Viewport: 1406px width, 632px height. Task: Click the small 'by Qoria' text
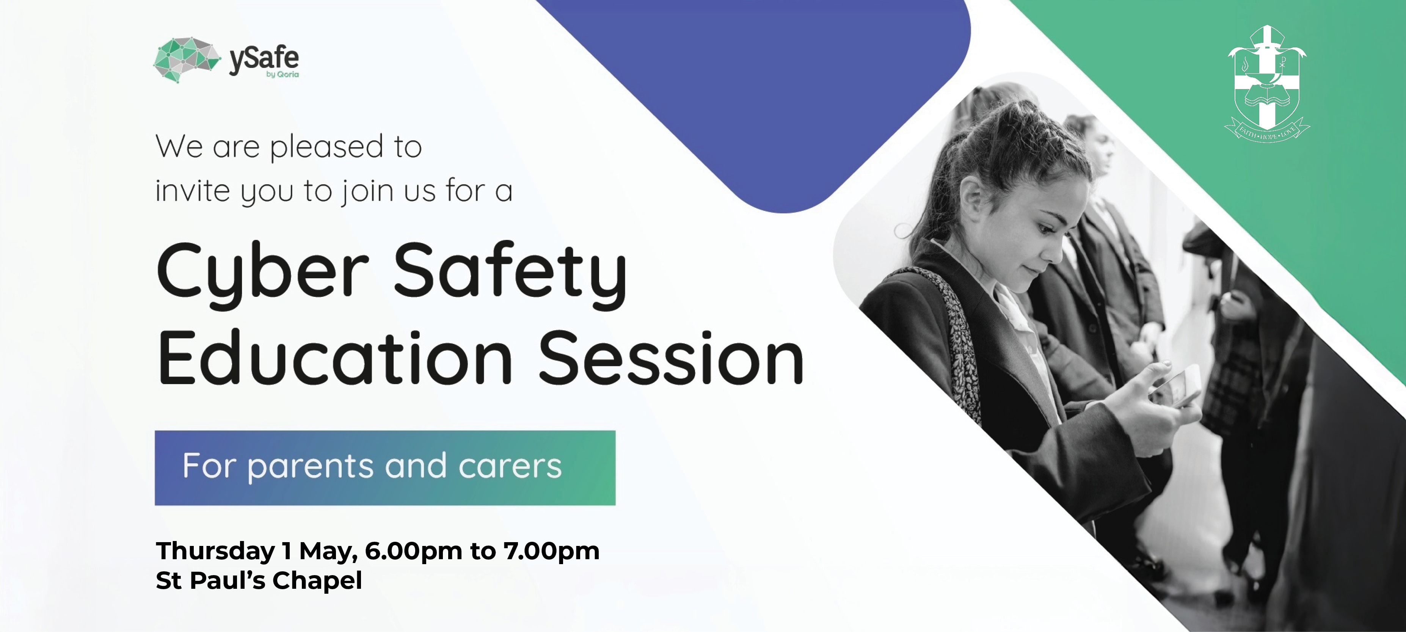click(283, 74)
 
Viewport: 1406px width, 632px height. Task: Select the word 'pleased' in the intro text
click(327, 147)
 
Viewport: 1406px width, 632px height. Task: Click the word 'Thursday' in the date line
click(215, 551)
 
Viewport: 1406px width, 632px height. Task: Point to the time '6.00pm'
click(413, 552)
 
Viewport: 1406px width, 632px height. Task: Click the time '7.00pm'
click(551, 552)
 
